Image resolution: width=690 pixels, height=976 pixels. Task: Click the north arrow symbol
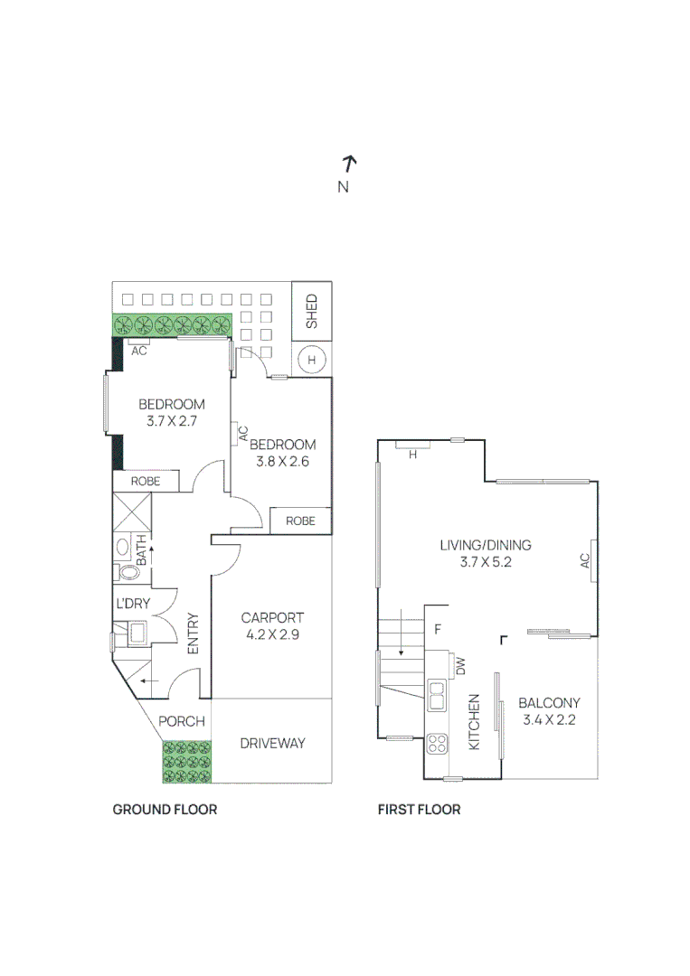click(349, 164)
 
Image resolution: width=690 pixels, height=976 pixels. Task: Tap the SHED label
click(312, 311)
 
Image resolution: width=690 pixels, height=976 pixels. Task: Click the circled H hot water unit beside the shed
click(312, 360)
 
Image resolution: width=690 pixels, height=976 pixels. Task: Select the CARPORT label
click(272, 618)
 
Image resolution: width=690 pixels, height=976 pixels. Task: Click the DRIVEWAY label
click(272, 743)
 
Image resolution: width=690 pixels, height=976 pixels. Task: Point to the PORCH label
click(182, 721)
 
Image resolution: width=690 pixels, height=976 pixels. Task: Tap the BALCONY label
click(549, 703)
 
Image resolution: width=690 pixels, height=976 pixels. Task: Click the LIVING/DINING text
click(485, 545)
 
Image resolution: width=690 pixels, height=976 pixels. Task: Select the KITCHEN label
click(473, 722)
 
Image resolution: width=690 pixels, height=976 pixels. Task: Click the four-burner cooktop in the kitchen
click(438, 744)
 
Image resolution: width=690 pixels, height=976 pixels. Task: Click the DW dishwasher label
click(460, 667)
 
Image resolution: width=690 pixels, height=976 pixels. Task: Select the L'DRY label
click(132, 603)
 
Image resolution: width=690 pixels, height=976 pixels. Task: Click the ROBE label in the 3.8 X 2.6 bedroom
click(300, 521)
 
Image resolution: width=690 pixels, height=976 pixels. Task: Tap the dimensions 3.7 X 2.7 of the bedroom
click(171, 421)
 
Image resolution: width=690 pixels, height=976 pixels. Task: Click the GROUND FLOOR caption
click(165, 809)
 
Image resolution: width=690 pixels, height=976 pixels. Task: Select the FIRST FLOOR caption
click(419, 809)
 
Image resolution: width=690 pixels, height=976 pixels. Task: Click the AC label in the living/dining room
click(585, 561)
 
